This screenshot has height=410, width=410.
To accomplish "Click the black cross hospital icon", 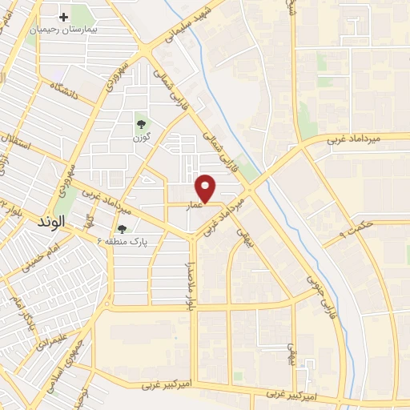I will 63,16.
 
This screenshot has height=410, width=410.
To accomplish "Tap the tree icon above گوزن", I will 142,123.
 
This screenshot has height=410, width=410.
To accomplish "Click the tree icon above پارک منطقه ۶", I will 121,228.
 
